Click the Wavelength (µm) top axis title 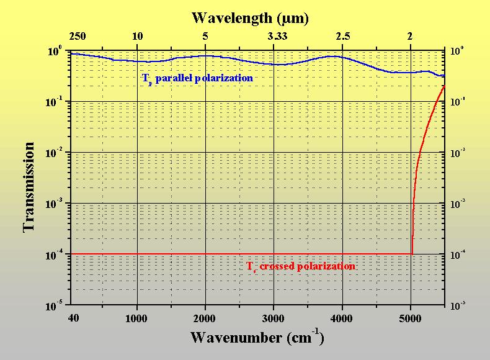click(x=250, y=17)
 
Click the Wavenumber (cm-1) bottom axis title click(x=257, y=338)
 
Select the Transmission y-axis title click(x=29, y=186)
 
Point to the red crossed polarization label click(x=301, y=266)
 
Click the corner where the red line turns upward click(x=412, y=253)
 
